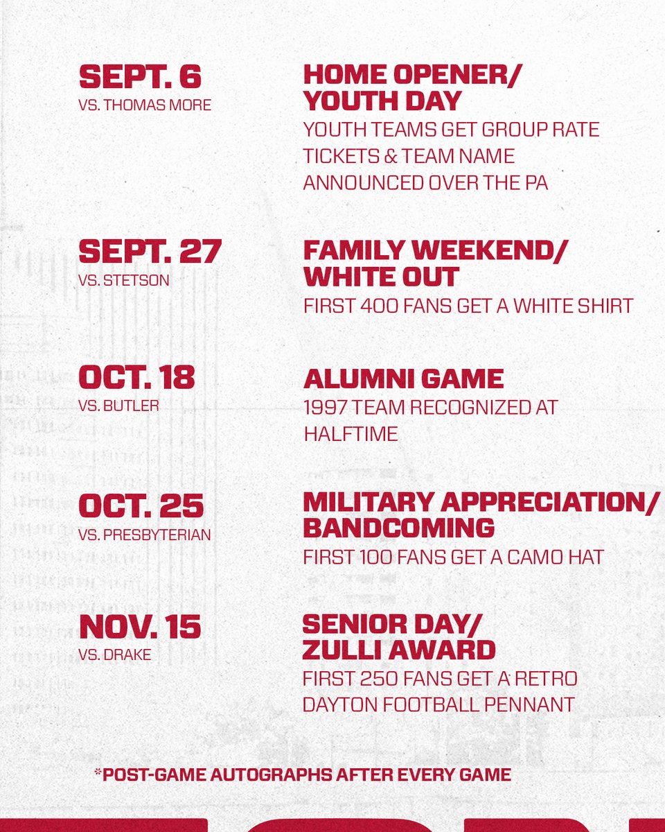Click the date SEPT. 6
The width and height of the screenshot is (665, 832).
coord(140,77)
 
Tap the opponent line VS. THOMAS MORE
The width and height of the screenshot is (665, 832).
coord(145,105)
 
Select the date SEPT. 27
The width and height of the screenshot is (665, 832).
coord(150,251)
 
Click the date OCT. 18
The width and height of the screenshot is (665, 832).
coord(137,377)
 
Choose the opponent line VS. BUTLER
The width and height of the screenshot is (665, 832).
coord(119,406)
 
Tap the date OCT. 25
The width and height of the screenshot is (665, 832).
coord(141,506)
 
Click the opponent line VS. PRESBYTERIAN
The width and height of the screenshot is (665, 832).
coord(145,535)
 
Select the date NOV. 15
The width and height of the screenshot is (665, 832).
coord(140,627)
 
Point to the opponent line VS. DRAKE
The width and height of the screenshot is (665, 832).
coord(115,655)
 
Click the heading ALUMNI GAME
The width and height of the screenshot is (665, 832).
coord(403,379)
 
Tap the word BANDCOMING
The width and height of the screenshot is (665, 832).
coord(398,528)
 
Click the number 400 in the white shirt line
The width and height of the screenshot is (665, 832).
coord(372,306)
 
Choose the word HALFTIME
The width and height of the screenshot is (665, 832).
coord(351,434)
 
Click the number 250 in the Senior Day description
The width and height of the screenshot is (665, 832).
coord(370,677)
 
